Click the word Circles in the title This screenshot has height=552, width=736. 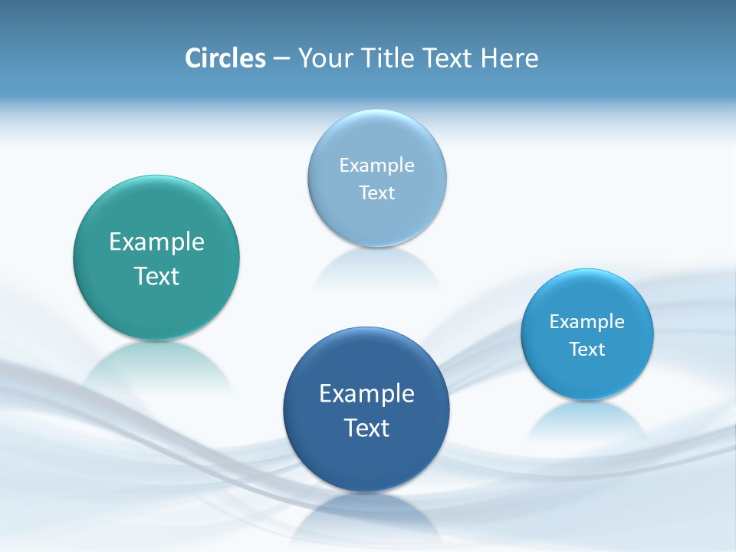pos(225,58)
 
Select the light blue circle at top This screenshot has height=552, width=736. pos(377,138)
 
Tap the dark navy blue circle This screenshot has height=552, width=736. pos(366,460)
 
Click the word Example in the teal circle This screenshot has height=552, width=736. pos(156,242)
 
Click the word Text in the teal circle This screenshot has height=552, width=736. pos(156,276)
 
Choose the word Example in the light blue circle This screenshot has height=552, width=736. pos(377,166)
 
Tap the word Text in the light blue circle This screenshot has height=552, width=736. pos(377,193)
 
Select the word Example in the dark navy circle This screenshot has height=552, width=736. pos(366,394)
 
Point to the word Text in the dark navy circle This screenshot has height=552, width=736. pos(366,428)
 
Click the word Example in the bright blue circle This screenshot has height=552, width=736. pos(587,322)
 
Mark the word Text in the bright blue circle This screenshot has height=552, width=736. pos(587,350)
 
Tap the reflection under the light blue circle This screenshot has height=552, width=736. pos(377,268)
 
